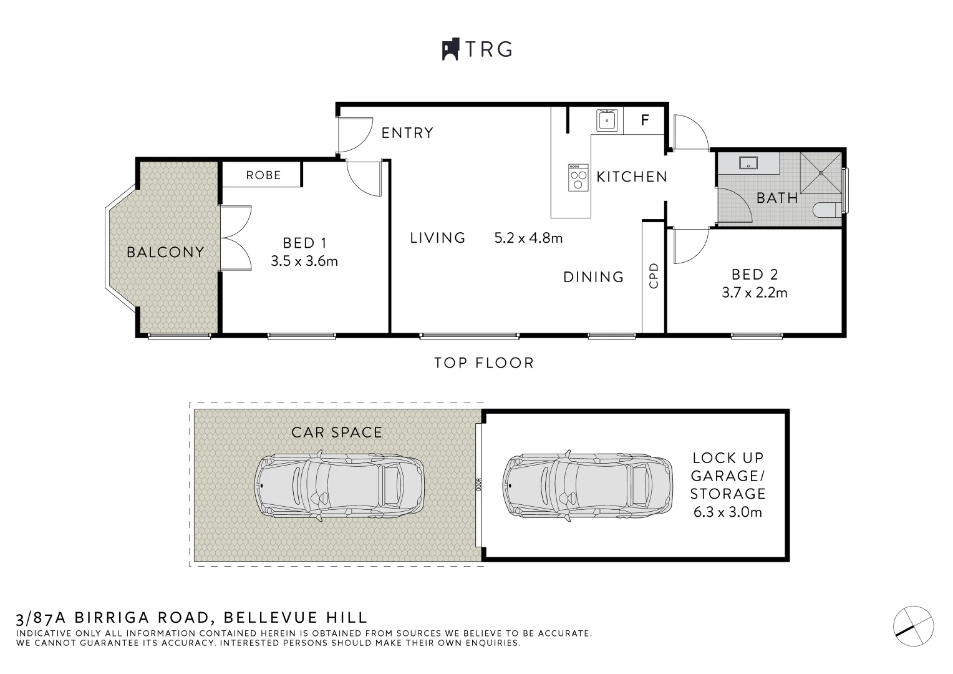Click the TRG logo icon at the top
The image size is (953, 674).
pyautogui.click(x=450, y=49)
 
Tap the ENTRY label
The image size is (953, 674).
pyautogui.click(x=407, y=133)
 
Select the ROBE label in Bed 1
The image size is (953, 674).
pyautogui.click(x=263, y=175)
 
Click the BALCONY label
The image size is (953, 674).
pyautogui.click(x=165, y=252)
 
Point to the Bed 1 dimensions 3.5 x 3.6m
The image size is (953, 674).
pyautogui.click(x=304, y=261)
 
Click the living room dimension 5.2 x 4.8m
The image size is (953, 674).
pyautogui.click(x=528, y=238)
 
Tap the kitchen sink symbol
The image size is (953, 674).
pyautogui.click(x=607, y=120)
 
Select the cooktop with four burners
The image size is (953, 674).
pyautogui.click(x=578, y=178)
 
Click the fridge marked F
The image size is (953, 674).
pyautogui.click(x=645, y=120)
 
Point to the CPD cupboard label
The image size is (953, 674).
pyautogui.click(x=654, y=275)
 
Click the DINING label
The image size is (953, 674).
pyautogui.click(x=593, y=277)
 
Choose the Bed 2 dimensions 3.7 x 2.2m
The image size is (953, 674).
pyautogui.click(x=755, y=292)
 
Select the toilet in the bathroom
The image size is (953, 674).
pyautogui.click(x=828, y=210)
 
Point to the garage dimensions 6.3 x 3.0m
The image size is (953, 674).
pyautogui.click(x=728, y=512)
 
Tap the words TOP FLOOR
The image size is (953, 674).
pyautogui.click(x=484, y=363)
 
